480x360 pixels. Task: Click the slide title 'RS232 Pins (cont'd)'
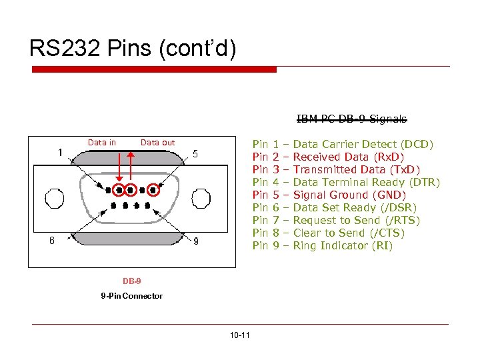click(132, 48)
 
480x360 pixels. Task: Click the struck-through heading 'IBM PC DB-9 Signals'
click(351, 119)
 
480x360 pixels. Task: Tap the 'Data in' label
click(101, 142)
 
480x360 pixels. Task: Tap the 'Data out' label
click(157, 142)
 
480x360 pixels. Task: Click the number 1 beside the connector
click(60, 153)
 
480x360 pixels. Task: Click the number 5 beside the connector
click(195, 153)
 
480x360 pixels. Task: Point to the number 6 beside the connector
click(52, 241)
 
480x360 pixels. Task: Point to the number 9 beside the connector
click(195, 241)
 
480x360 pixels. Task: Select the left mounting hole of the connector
click(54, 198)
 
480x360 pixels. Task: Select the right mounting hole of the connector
click(201, 198)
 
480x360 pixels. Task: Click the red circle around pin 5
click(155, 189)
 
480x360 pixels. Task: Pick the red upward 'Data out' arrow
click(131, 167)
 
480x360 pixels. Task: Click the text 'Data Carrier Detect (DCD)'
click(363, 145)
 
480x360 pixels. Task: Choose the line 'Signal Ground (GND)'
click(349, 195)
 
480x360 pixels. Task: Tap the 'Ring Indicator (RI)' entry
click(343, 246)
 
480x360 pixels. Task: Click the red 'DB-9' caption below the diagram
click(131, 281)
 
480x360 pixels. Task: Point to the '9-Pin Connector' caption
click(131, 295)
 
